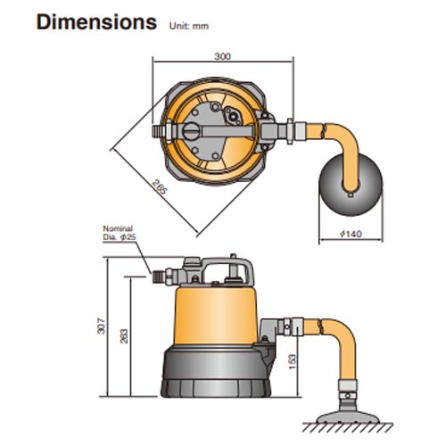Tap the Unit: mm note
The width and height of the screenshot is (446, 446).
click(x=188, y=25)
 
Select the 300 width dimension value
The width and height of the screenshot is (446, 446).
click(x=223, y=56)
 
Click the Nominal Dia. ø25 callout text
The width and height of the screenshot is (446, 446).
click(x=120, y=232)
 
